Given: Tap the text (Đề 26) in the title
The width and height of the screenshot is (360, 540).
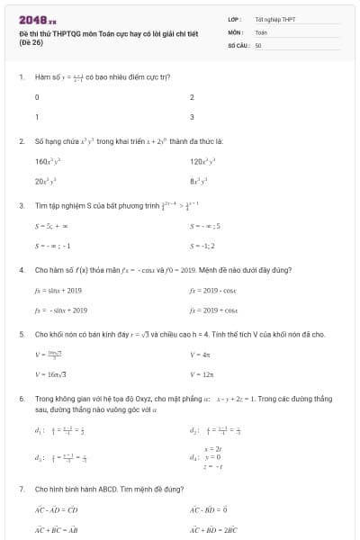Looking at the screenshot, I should pos(31,42).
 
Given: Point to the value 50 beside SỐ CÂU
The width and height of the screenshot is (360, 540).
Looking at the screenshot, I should pos(258,44).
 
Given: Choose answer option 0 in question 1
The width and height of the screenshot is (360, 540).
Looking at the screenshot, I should pos(37,97).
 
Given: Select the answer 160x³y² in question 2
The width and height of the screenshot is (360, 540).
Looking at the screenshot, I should pos(46,161).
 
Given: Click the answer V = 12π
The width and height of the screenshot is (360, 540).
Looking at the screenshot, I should pos(201,373).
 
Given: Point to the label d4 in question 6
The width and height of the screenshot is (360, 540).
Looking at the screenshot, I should pos(194,457).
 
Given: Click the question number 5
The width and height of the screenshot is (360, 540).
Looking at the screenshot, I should pos(21,334).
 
